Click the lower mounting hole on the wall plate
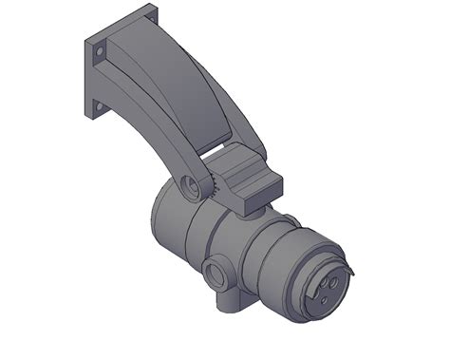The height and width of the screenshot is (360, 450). click(x=96, y=107)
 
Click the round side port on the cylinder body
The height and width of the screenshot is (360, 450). click(x=216, y=276)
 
